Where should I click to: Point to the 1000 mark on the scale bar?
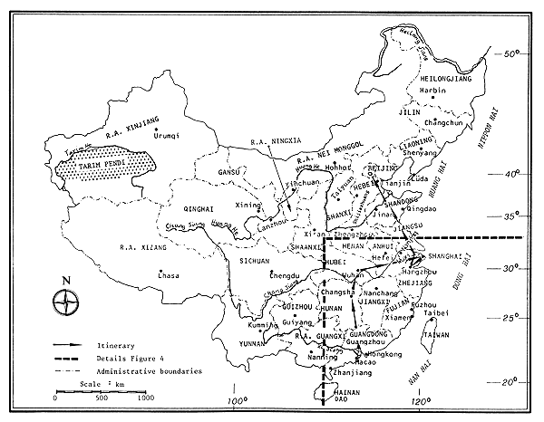click(x=145, y=397)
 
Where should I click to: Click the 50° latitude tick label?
click(x=513, y=54)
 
